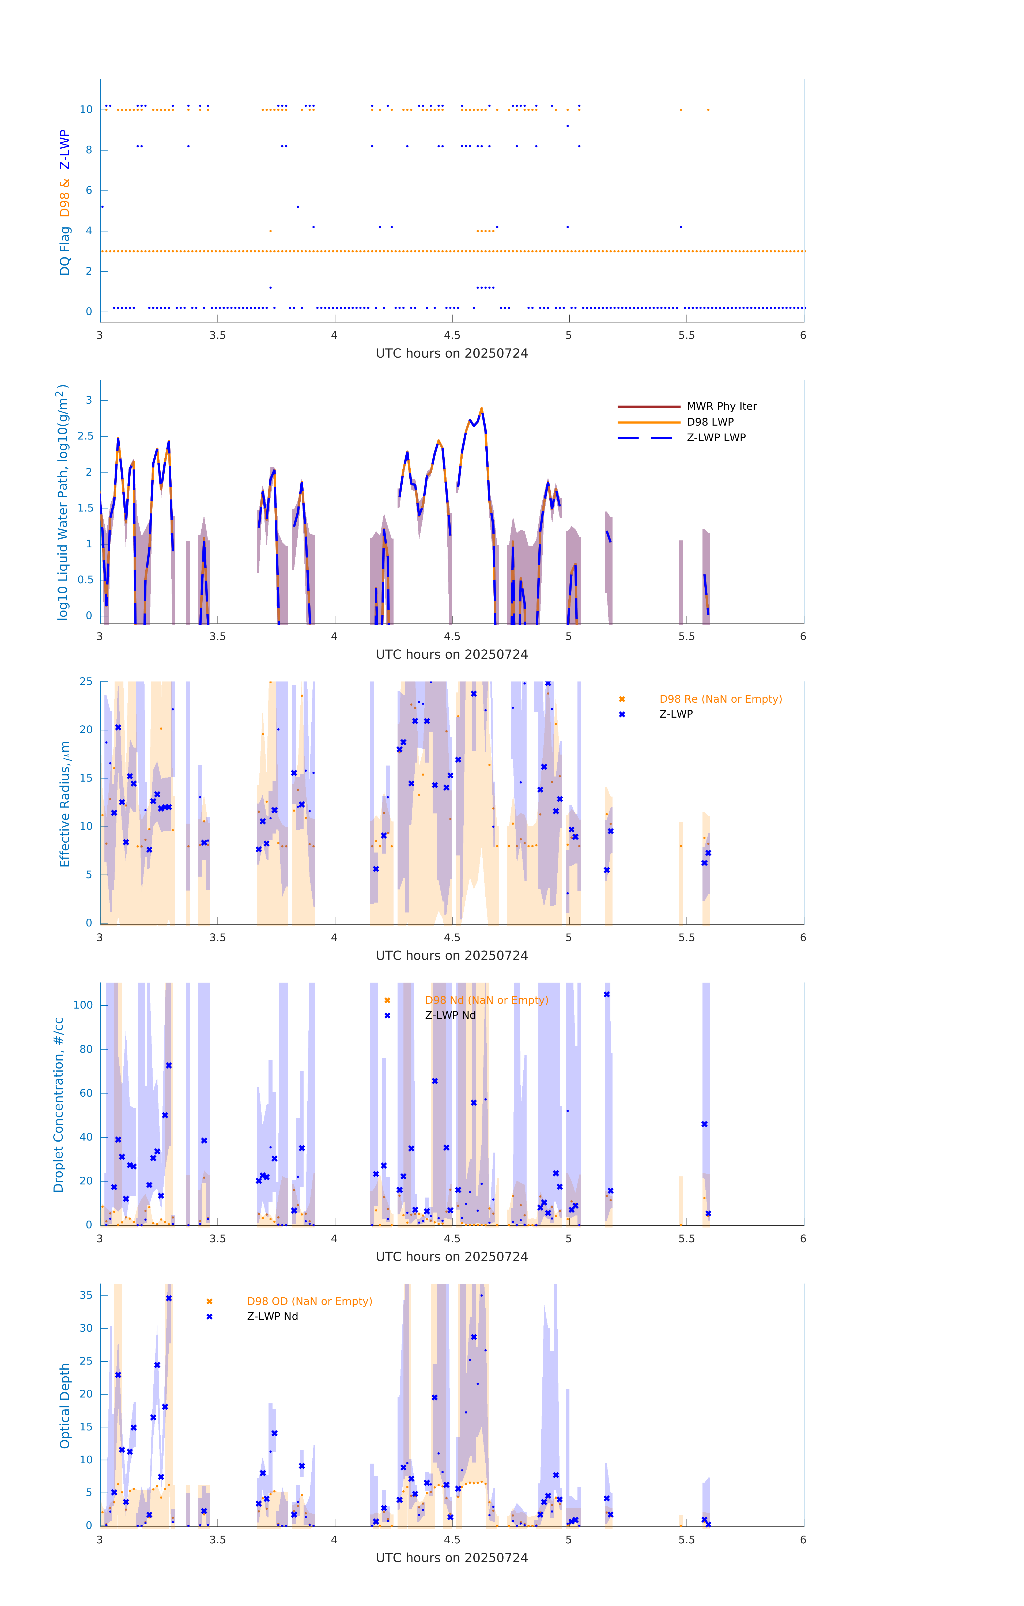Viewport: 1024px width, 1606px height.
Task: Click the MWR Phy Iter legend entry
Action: point(721,406)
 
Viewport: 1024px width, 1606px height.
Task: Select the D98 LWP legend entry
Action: point(710,422)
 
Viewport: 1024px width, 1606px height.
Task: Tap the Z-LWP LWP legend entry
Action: point(716,438)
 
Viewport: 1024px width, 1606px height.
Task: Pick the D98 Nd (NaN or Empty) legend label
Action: point(486,1001)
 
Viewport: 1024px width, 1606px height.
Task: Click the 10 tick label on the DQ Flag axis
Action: point(86,109)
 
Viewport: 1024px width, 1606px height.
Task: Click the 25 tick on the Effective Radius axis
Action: point(86,682)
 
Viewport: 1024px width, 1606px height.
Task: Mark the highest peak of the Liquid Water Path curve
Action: point(481,409)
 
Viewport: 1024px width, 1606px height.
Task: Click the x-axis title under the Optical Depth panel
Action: point(452,1558)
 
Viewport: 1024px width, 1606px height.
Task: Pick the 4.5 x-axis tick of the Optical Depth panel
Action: point(452,1540)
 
